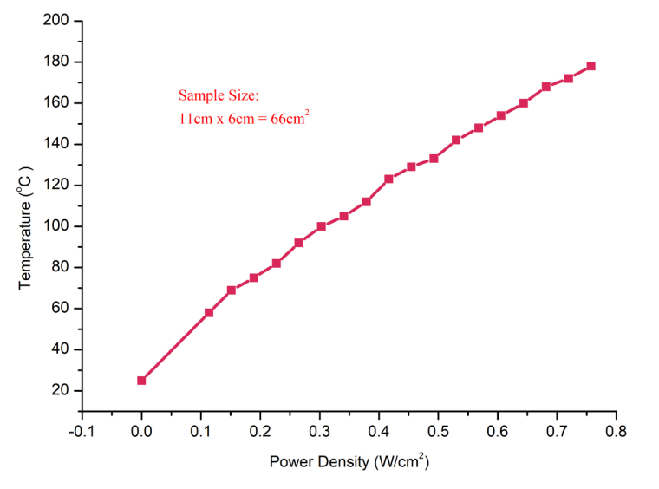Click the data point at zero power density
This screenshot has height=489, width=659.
pos(141,380)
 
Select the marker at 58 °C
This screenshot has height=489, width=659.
pos(209,312)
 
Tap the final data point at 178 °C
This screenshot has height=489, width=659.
pos(590,66)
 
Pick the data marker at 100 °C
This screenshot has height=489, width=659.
pos(322,226)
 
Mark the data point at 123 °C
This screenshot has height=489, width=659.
pos(388,179)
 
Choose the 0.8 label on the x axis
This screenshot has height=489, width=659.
pos(616,429)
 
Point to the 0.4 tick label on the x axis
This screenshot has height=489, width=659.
pos(378,429)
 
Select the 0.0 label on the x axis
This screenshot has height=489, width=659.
pos(141,429)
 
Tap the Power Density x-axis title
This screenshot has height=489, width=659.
pos(349,461)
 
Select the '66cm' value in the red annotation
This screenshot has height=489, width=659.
pos(291,119)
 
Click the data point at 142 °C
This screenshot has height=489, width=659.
pos(456,140)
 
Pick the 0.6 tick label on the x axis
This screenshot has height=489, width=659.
pos(497,429)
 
